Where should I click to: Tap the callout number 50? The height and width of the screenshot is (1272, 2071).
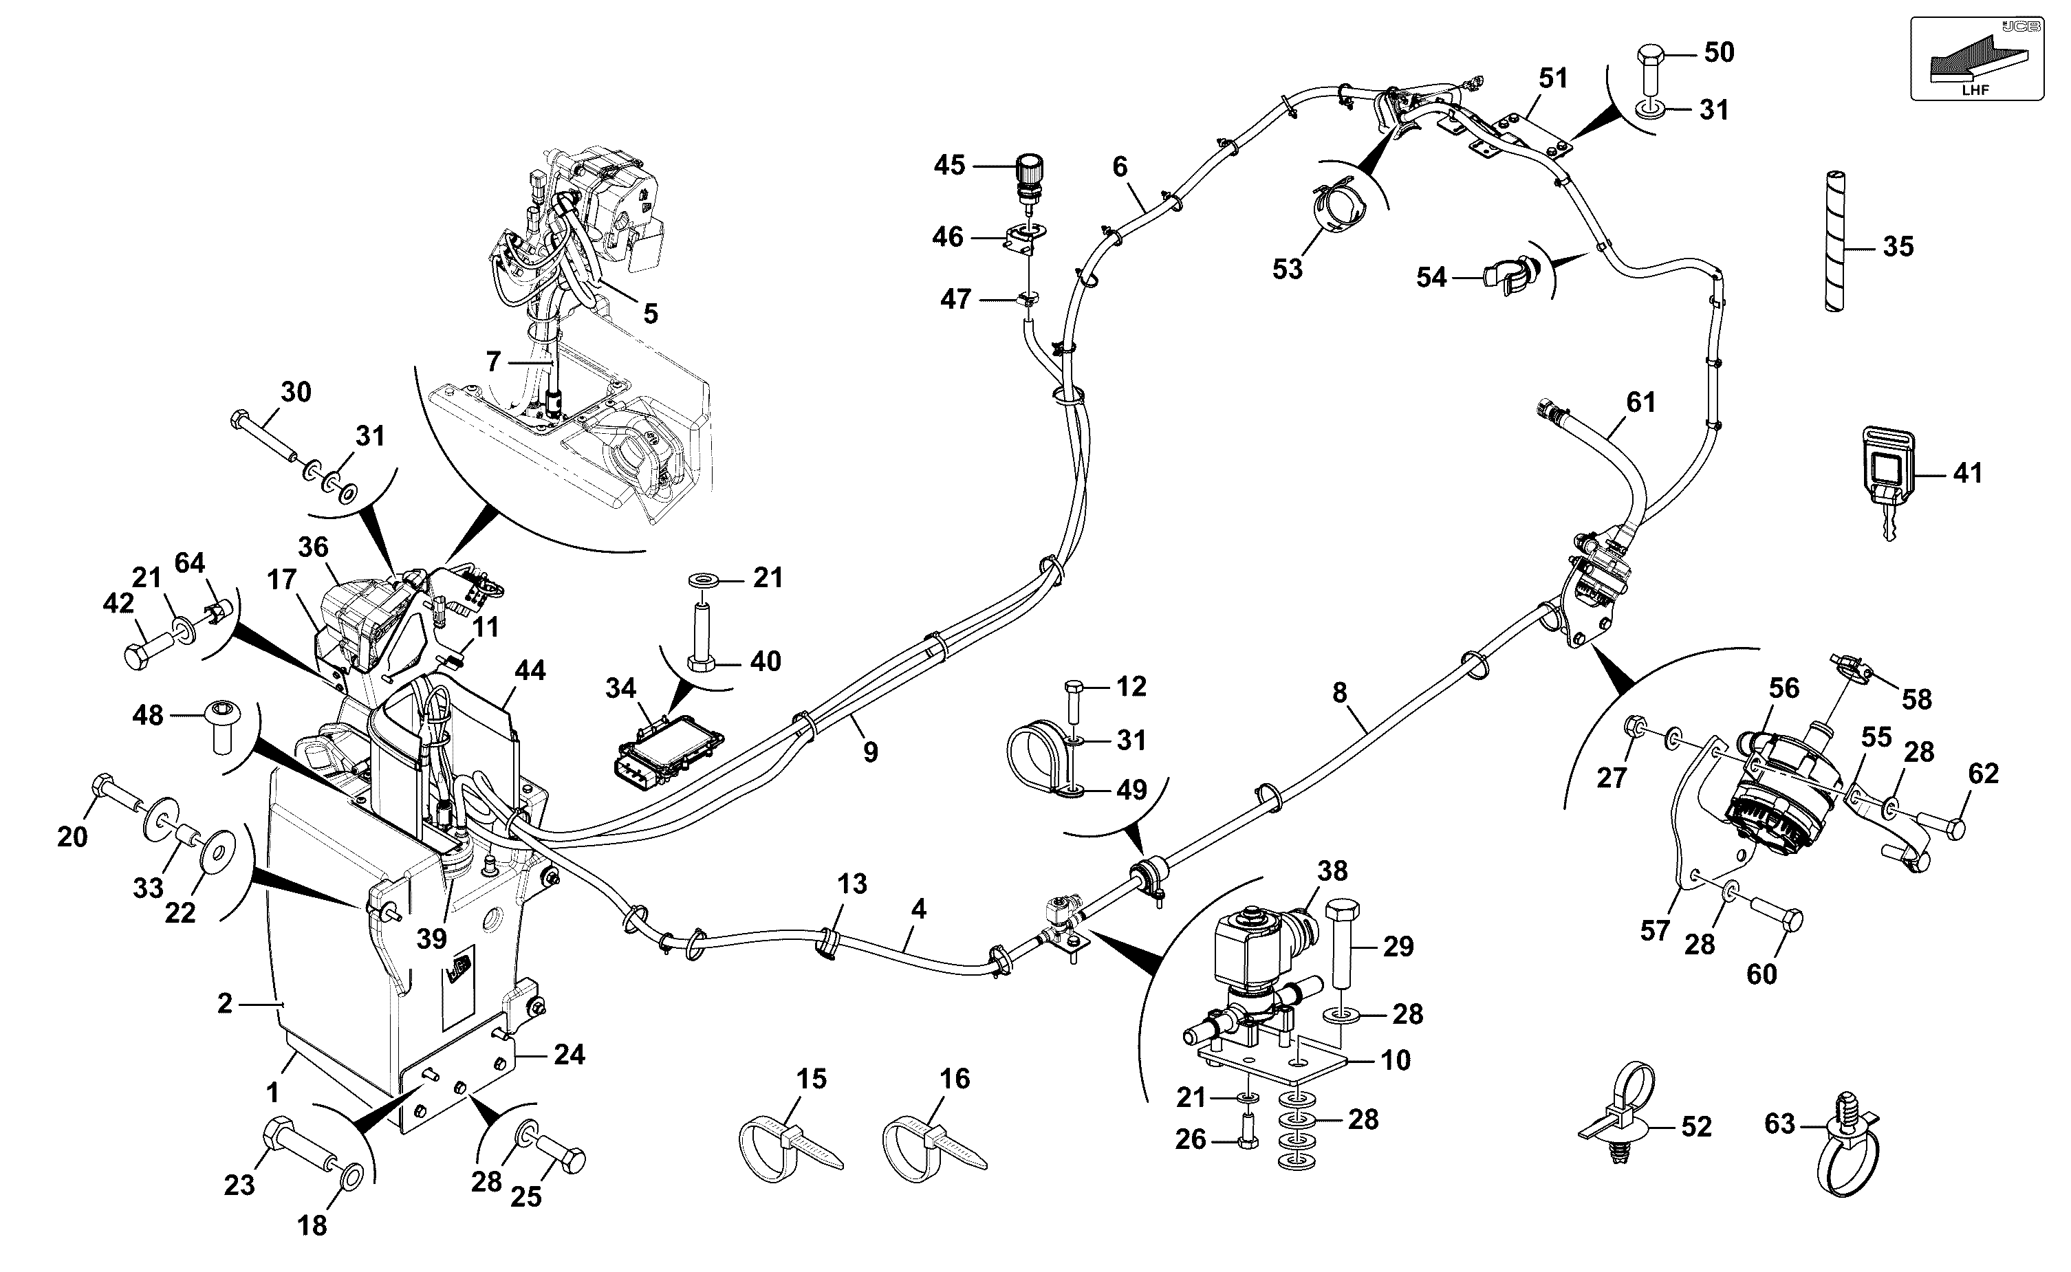point(1720,52)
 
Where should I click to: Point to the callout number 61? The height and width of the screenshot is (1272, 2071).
point(1640,402)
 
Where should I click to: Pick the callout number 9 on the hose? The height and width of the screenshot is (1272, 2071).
point(870,752)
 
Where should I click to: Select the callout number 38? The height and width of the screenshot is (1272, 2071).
point(1332,870)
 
